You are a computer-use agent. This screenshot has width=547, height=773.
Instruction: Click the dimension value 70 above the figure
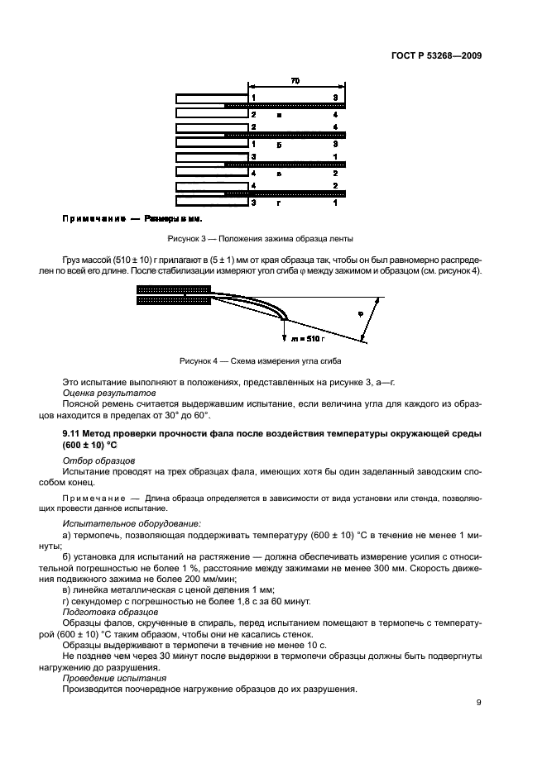[295, 81]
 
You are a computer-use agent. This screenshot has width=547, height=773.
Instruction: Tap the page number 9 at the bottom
[478, 703]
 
